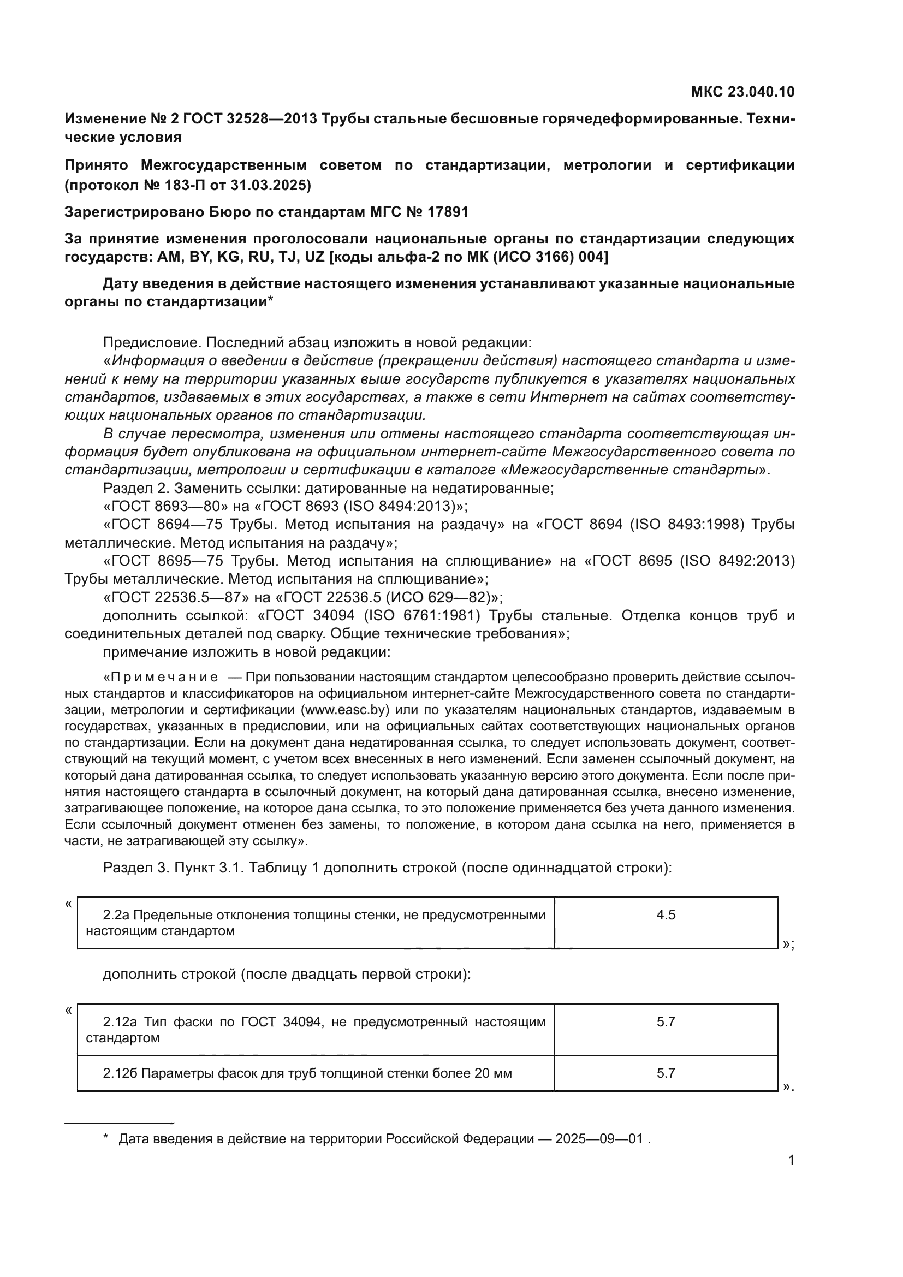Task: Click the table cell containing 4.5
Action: point(665,915)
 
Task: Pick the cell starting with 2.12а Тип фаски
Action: point(315,1030)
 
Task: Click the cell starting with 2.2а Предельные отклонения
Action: point(315,923)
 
